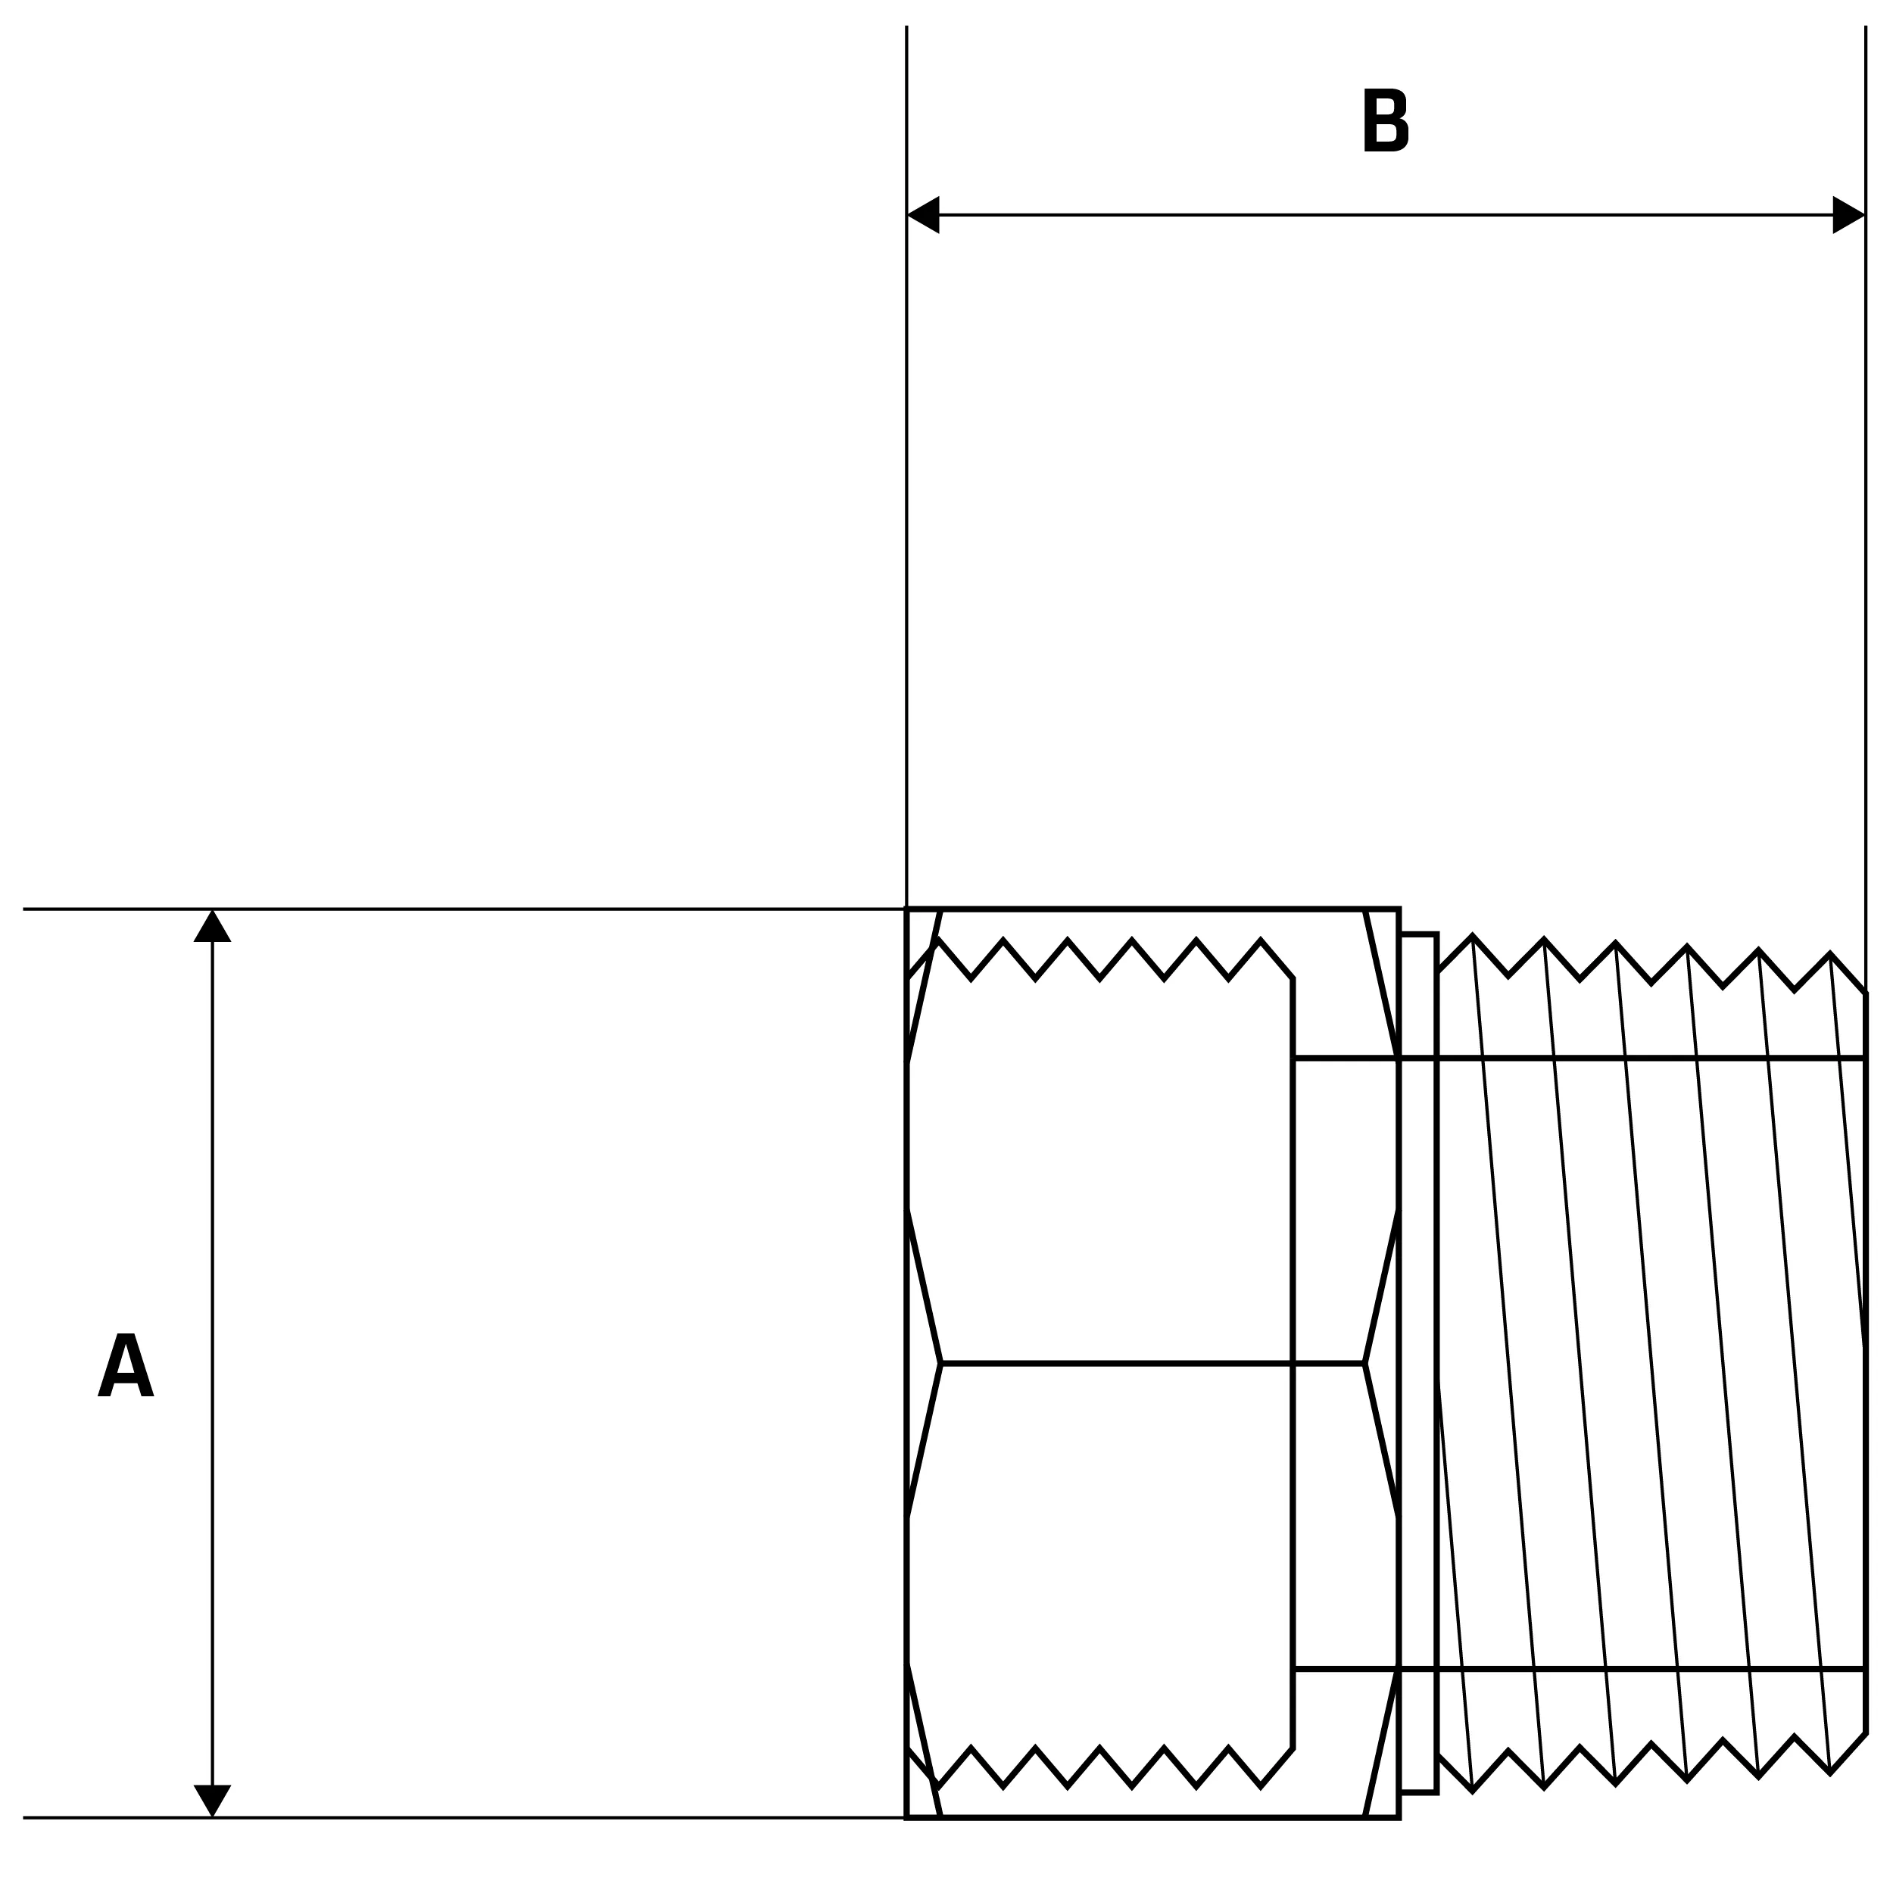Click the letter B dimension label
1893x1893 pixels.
click(x=1386, y=120)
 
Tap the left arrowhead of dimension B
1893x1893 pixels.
click(x=924, y=214)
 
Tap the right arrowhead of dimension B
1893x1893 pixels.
click(x=1848, y=214)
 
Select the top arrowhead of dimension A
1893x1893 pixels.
click(x=212, y=927)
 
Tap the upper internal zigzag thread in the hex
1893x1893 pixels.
click(x=1099, y=959)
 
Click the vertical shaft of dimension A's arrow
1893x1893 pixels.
click(x=212, y=1176)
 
